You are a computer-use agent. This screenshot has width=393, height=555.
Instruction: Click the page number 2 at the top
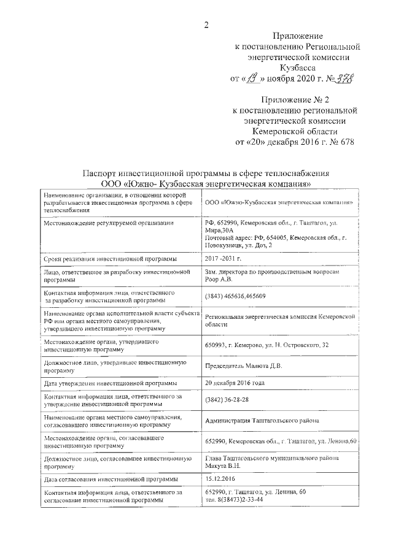206,25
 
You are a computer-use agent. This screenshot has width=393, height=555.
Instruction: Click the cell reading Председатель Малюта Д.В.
244,367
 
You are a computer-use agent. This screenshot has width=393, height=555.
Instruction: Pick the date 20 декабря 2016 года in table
235,383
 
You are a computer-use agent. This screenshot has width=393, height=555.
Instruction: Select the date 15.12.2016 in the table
222,478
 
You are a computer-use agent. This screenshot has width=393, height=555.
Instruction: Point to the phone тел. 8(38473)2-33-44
235,500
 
